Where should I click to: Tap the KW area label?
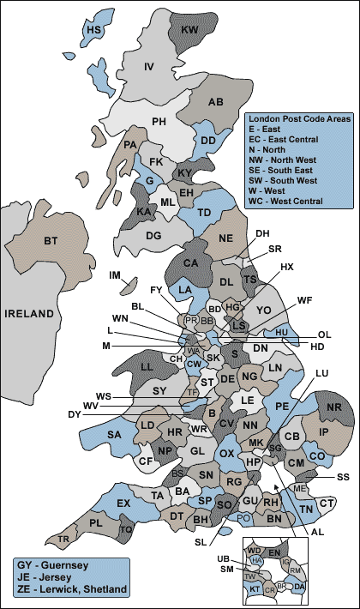click(189, 30)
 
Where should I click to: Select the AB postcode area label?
click(215, 103)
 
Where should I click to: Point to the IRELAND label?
click(30, 315)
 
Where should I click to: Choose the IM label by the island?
click(115, 275)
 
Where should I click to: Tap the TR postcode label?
click(63, 540)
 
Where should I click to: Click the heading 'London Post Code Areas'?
click(297, 118)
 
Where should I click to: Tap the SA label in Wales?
click(114, 435)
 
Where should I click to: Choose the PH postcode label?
click(159, 121)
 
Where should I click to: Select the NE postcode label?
click(226, 238)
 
